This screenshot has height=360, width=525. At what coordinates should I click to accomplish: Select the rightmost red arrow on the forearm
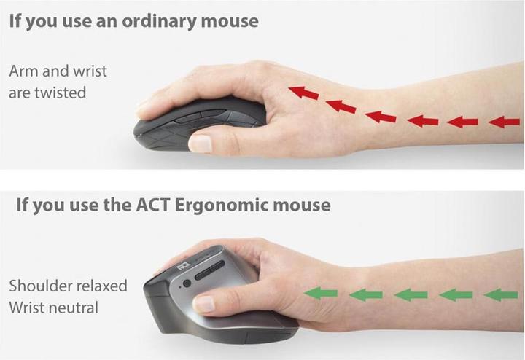coord(504,122)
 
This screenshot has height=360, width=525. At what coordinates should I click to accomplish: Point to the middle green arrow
coord(412,294)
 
